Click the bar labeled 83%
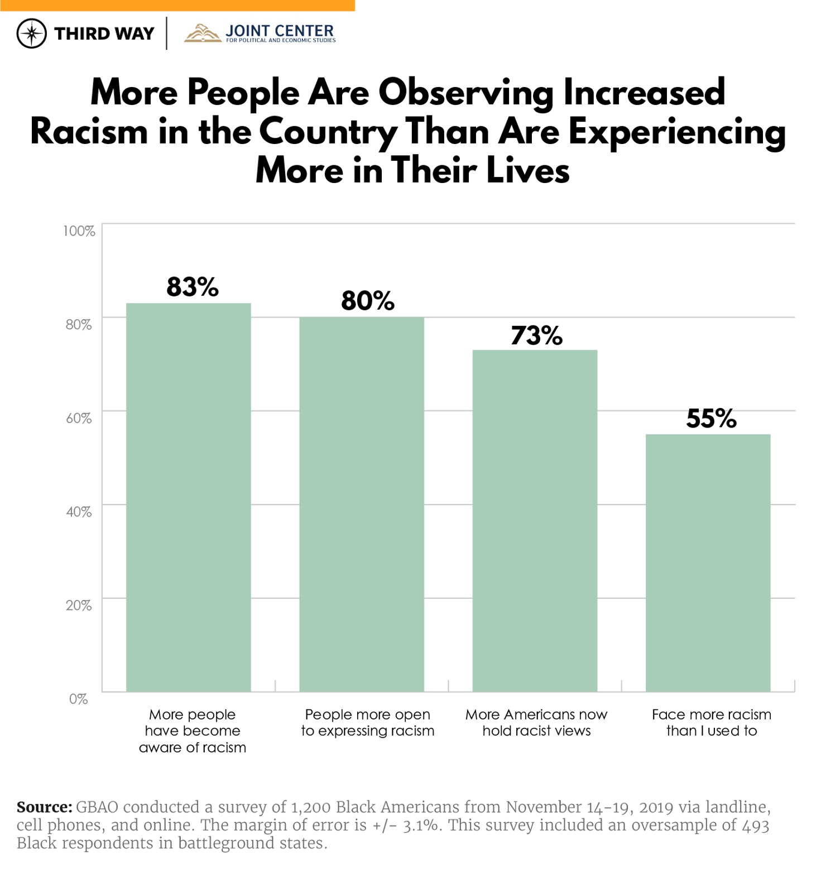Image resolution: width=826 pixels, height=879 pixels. [x=188, y=497]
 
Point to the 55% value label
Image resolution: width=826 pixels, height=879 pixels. [x=711, y=419]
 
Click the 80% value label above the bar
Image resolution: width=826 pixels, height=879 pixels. [x=367, y=301]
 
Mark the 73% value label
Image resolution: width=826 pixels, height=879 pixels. [x=536, y=335]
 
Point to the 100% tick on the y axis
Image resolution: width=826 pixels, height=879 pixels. [x=79, y=231]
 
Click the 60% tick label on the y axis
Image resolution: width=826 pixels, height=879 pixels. [x=79, y=418]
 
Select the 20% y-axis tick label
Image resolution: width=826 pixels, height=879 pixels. [x=79, y=605]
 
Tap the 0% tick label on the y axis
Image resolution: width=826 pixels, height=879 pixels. [x=79, y=699]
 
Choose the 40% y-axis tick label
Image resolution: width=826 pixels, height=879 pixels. [x=79, y=512]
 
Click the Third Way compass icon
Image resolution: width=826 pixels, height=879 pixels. [x=32, y=33]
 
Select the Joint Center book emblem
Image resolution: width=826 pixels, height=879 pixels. [x=203, y=33]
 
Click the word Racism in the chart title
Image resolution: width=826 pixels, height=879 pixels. [x=89, y=132]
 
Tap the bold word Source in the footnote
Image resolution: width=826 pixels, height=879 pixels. [x=44, y=807]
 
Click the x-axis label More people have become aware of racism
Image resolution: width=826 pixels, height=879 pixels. [x=193, y=731]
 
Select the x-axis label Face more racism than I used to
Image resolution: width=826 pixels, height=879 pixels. [x=712, y=723]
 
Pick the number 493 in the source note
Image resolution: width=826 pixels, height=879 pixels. [x=756, y=825]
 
